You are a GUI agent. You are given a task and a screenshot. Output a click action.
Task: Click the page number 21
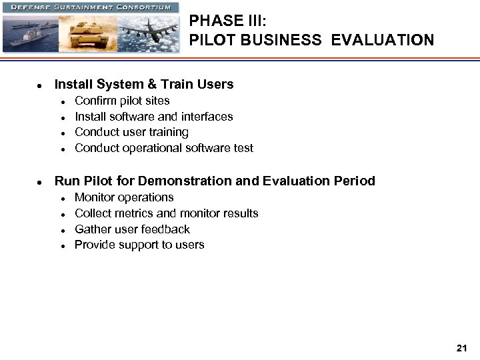tap(461, 348)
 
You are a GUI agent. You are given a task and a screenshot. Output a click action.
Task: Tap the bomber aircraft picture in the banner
tap(149, 31)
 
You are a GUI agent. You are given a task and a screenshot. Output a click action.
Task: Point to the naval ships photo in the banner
tap(30, 32)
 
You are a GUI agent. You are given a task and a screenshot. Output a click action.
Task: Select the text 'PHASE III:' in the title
tap(227, 21)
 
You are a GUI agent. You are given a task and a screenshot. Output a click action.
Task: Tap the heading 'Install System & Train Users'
tap(144, 85)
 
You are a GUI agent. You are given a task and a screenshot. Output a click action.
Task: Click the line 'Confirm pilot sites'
tap(122, 101)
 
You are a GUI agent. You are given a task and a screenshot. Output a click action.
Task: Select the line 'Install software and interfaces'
tap(153, 117)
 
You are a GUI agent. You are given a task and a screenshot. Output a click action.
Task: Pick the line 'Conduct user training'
tap(131, 132)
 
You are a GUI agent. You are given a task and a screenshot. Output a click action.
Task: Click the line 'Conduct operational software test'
tap(164, 148)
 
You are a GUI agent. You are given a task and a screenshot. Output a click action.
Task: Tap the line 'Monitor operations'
tap(124, 197)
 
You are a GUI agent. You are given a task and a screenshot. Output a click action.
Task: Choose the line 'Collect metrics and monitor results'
tap(166, 213)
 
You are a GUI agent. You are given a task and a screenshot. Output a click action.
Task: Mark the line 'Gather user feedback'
tap(132, 229)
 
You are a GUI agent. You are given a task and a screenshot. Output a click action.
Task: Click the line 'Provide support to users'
tap(139, 245)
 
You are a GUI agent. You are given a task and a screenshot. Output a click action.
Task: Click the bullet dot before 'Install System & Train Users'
tap(40, 86)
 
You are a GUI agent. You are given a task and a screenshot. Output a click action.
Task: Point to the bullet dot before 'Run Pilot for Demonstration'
tap(40, 182)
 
